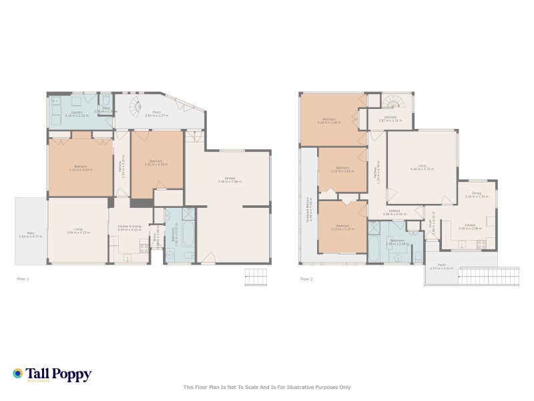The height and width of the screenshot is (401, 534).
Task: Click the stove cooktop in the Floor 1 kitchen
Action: (x=143, y=249)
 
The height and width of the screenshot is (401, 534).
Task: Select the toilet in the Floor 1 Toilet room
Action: (x=105, y=100)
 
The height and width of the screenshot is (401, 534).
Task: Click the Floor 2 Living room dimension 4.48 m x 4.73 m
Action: (x=422, y=170)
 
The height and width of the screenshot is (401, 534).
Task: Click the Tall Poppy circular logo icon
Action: (x=18, y=374)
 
